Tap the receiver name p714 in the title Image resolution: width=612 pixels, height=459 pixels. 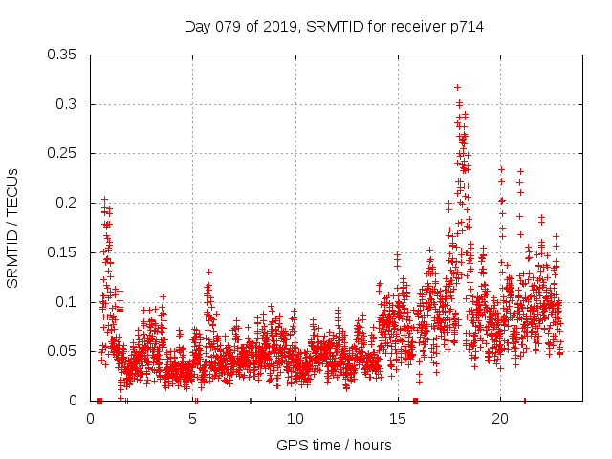[x=464, y=27]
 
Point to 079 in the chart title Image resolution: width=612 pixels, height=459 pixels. [x=232, y=27]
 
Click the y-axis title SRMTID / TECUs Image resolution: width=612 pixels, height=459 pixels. [x=12, y=228]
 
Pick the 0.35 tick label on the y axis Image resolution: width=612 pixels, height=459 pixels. [x=63, y=55]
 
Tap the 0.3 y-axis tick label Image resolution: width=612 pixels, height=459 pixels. [x=67, y=104]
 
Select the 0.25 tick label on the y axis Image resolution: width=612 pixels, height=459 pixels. [x=63, y=153]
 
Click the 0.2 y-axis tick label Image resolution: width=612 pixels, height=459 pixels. [x=67, y=203]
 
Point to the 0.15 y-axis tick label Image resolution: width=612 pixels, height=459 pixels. [x=63, y=252]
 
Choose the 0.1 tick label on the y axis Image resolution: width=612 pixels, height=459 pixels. [x=67, y=302]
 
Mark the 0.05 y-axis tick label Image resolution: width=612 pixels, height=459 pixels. [x=63, y=351]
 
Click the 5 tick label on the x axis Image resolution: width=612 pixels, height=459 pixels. [x=193, y=420]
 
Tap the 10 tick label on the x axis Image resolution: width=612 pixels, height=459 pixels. [x=295, y=420]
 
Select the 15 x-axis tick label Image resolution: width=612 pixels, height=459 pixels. [x=398, y=420]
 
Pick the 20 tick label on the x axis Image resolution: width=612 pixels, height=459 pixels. [x=500, y=420]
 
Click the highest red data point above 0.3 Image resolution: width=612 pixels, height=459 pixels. [x=458, y=87]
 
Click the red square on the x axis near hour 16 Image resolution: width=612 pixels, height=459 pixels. [x=415, y=401]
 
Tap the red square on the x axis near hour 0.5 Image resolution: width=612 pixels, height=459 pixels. [x=99, y=401]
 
